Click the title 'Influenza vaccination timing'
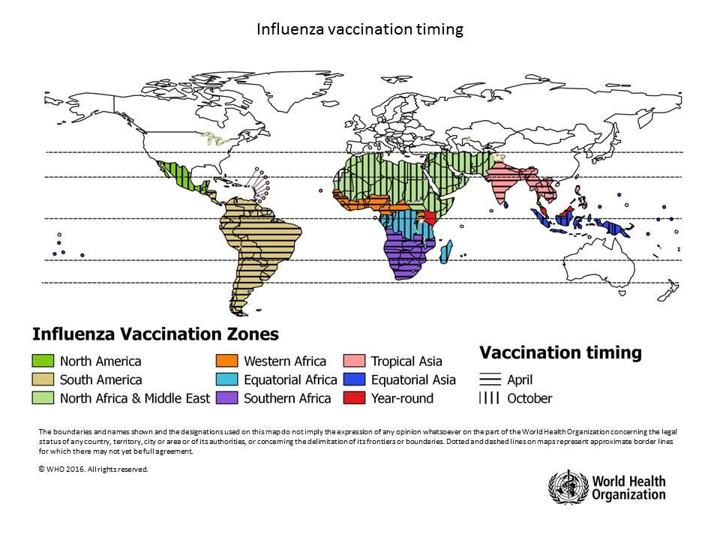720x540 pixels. tap(360, 29)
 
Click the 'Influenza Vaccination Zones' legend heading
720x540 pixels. tap(154, 333)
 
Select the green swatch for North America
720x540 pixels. tap(43, 361)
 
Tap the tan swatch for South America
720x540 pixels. tap(43, 380)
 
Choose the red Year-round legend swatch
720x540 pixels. tap(354, 398)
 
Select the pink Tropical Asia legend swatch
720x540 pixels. tap(354, 361)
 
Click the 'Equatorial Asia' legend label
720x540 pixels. tap(413, 380)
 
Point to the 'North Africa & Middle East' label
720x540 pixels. tap(135, 398)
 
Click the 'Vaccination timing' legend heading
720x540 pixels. tap(560, 352)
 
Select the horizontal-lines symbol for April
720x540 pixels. tap(490, 380)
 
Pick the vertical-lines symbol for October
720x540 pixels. tap(490, 398)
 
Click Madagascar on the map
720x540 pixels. tap(445, 250)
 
